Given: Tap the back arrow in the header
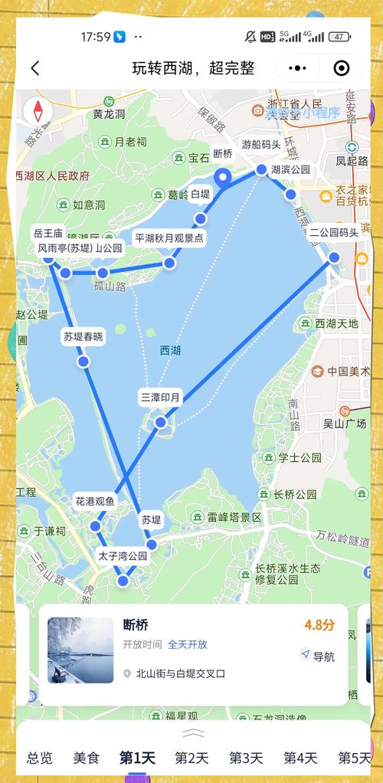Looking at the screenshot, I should [x=35, y=67].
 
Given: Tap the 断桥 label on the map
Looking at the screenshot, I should [x=222, y=153].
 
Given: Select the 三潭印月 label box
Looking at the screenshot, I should [x=161, y=397].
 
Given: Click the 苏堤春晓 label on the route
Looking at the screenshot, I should [x=83, y=336].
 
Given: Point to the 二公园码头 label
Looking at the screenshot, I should [x=334, y=233].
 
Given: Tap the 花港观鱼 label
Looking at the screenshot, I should [x=95, y=502].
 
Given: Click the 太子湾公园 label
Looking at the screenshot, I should [x=123, y=556].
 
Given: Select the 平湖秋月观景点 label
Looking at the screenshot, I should [x=169, y=238].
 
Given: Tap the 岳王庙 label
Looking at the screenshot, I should [x=47, y=233].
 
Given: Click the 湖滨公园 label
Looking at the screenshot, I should [x=290, y=170].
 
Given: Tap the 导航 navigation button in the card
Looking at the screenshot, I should [x=318, y=656].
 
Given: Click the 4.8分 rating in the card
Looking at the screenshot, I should [x=319, y=625].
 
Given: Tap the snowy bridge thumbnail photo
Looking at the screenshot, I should [x=80, y=650].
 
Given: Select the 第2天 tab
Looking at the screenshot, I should [x=191, y=758].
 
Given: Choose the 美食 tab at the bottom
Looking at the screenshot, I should [x=87, y=758].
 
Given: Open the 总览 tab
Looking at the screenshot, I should [x=40, y=758].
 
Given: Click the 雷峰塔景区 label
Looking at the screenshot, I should [x=234, y=517].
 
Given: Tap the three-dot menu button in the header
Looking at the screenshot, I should [x=297, y=67].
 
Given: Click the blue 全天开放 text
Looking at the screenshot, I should [x=188, y=644].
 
